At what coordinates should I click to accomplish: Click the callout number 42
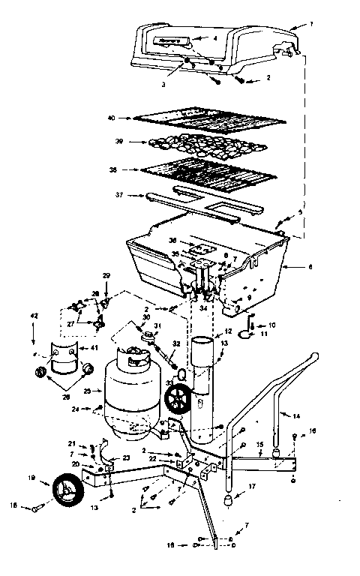coord(34,316)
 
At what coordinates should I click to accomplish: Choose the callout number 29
coord(106,275)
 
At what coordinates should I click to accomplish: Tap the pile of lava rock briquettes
coord(202,142)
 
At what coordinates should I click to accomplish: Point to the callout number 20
coord(75,463)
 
